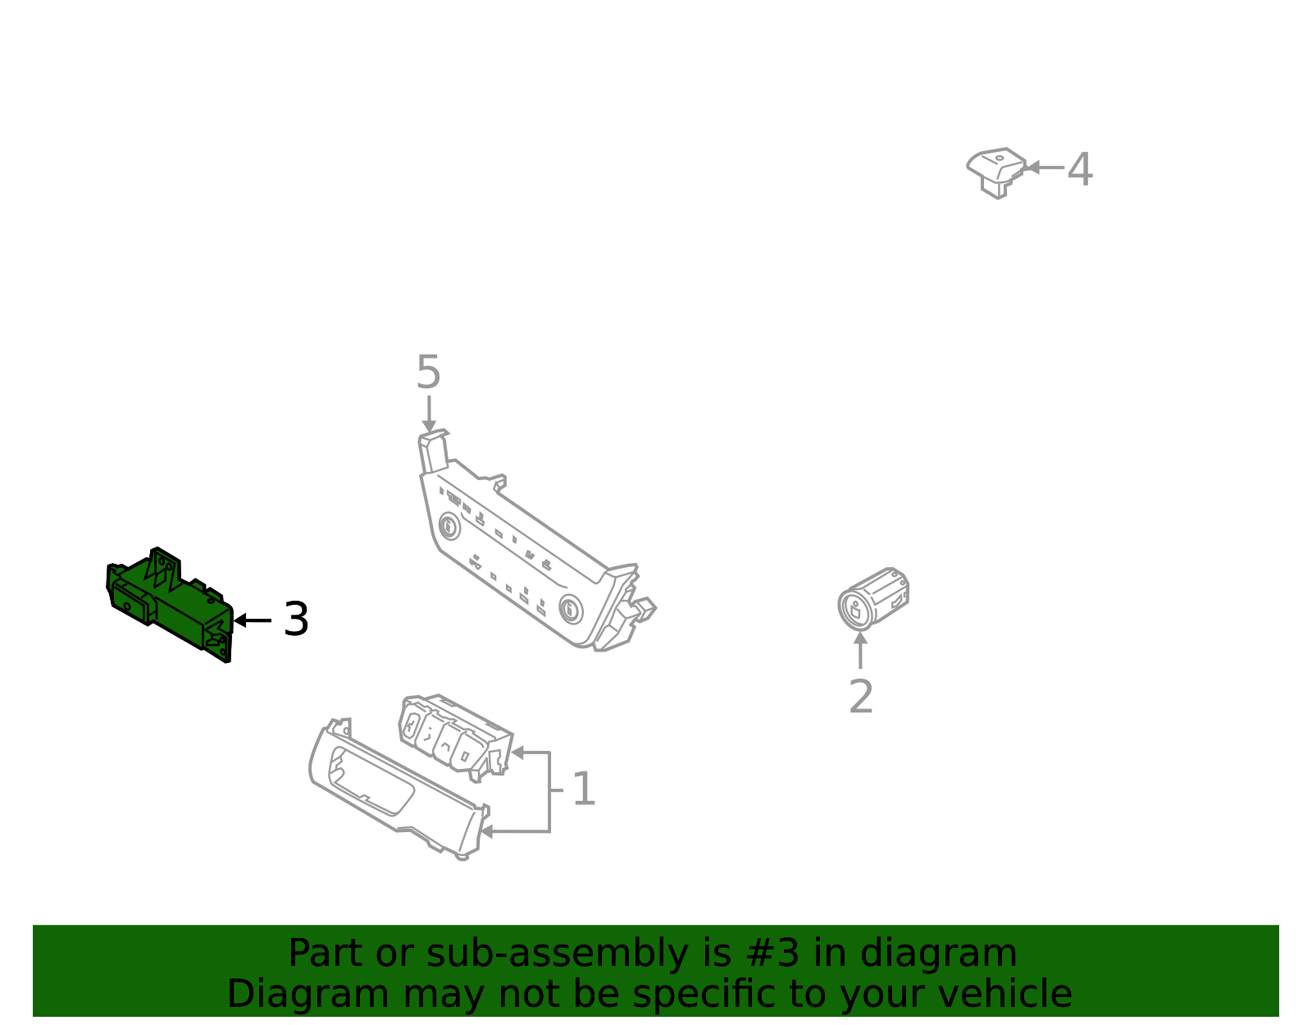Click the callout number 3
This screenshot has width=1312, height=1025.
[x=296, y=619]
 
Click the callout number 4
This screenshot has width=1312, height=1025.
[x=1080, y=169]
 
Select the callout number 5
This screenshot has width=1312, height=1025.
[x=428, y=372]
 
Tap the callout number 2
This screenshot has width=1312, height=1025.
[x=860, y=697]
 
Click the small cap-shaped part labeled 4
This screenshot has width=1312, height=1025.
[x=995, y=172]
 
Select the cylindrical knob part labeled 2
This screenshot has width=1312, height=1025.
[x=873, y=599]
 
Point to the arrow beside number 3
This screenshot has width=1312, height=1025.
[x=253, y=620]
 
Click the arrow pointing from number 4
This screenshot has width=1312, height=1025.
[x=1045, y=167]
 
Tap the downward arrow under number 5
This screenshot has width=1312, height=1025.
[x=429, y=414]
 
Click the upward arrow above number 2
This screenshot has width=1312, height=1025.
[x=860, y=650]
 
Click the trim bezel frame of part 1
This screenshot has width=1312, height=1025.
[x=399, y=789]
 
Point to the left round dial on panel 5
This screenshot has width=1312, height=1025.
[x=449, y=527]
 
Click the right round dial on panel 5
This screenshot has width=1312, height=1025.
[x=571, y=609]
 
